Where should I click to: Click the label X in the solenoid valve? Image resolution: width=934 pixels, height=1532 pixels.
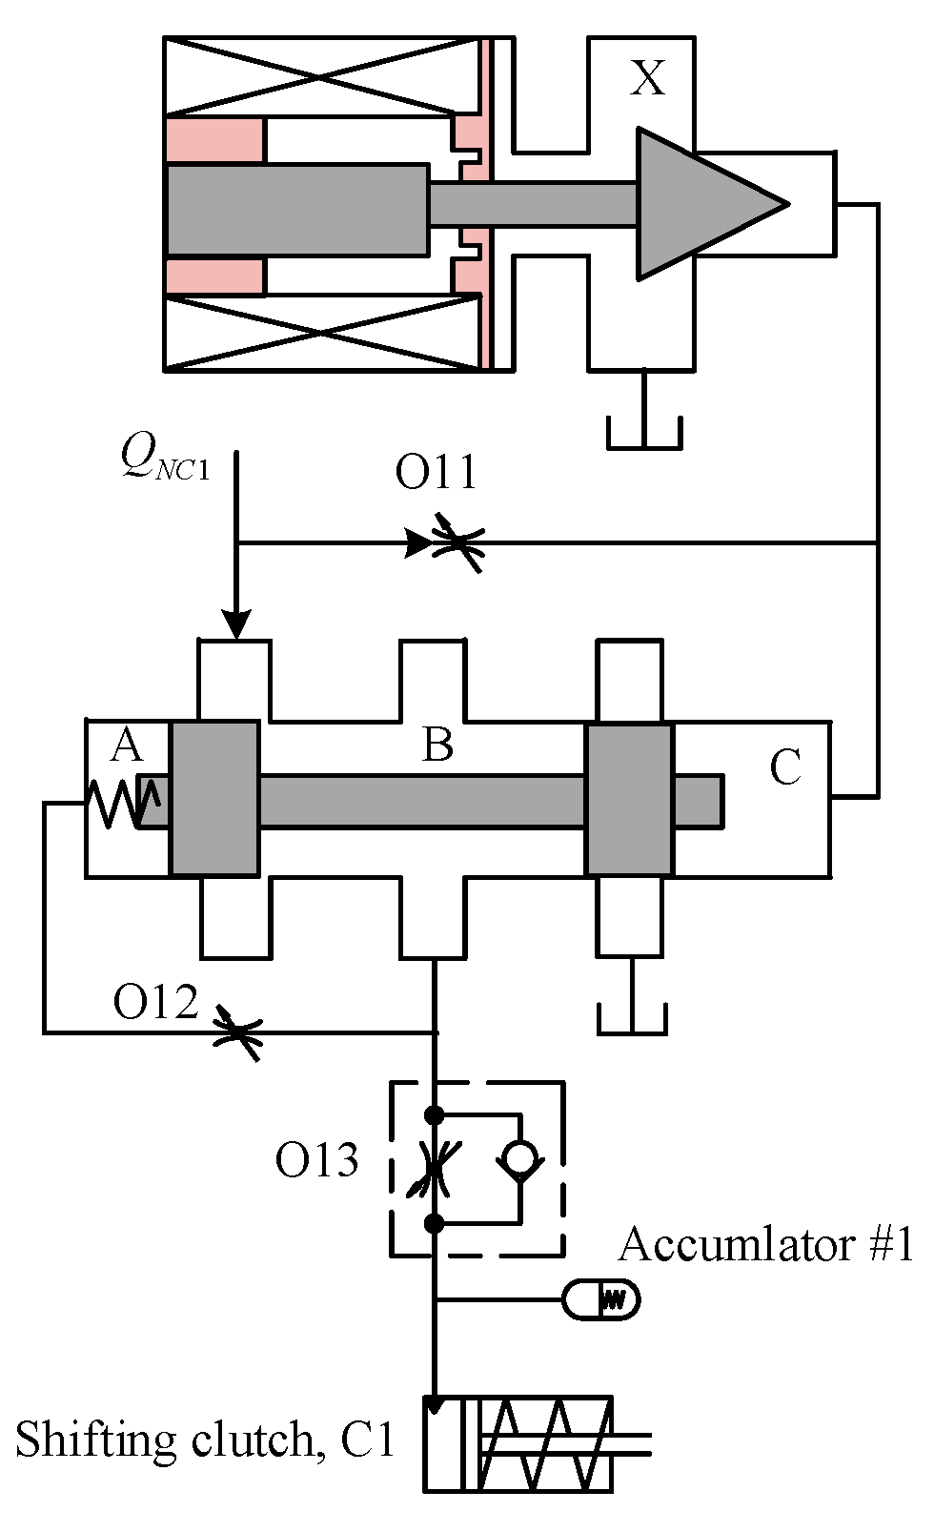click(648, 78)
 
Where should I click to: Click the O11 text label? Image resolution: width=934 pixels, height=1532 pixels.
click(436, 473)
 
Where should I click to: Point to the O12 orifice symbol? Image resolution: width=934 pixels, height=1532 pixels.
click(237, 1032)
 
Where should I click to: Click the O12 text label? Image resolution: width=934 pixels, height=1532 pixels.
click(155, 1003)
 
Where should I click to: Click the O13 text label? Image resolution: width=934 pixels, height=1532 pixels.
click(316, 1161)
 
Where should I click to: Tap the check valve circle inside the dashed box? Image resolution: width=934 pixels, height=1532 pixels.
click(519, 1158)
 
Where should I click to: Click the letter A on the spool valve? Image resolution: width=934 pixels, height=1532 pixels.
click(126, 746)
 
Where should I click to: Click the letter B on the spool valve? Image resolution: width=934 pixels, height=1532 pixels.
click(437, 746)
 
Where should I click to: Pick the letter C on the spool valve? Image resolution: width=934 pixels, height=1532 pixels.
click(785, 768)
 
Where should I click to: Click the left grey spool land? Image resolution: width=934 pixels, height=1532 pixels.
click(214, 799)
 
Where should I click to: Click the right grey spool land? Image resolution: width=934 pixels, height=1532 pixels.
click(629, 799)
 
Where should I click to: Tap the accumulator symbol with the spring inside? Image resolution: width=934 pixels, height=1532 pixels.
click(600, 1299)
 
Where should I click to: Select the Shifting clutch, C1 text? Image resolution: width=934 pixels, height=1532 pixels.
click(204, 1440)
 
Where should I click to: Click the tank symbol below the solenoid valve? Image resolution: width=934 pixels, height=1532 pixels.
click(644, 434)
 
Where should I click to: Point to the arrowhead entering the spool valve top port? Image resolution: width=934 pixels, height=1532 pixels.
click(236, 624)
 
